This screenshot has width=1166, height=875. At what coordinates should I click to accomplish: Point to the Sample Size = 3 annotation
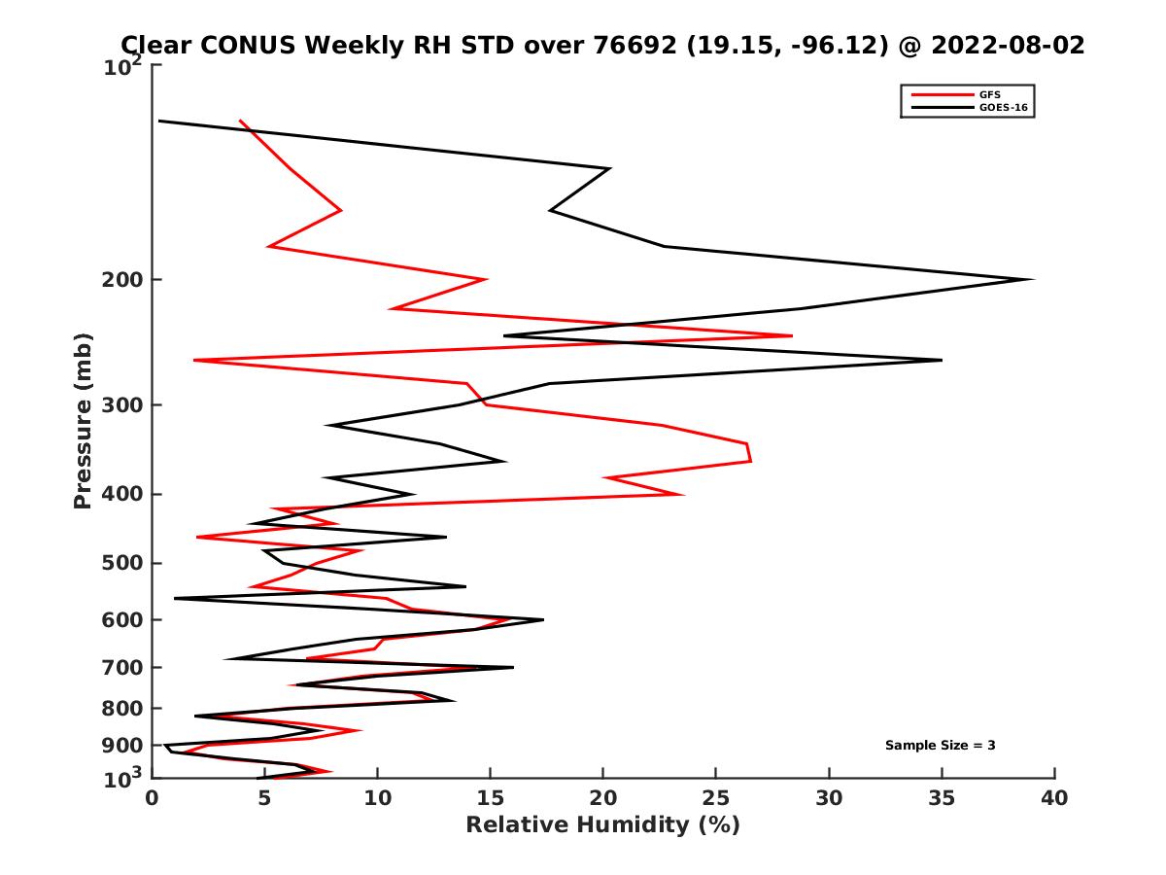940,746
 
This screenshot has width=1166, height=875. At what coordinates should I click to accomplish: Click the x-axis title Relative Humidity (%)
602,825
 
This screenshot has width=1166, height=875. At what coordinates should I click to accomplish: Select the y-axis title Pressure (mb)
83,420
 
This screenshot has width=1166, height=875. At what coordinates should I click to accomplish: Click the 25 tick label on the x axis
716,798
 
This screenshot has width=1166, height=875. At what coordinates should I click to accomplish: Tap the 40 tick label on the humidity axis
1054,798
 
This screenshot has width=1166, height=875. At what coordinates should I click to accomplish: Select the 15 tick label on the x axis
491,798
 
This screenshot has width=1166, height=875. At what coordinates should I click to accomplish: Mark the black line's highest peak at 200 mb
1032,280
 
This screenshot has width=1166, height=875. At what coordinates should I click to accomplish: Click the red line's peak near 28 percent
792,336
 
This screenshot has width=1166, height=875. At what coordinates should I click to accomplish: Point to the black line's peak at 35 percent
941,360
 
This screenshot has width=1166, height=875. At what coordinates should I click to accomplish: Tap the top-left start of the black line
159,121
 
